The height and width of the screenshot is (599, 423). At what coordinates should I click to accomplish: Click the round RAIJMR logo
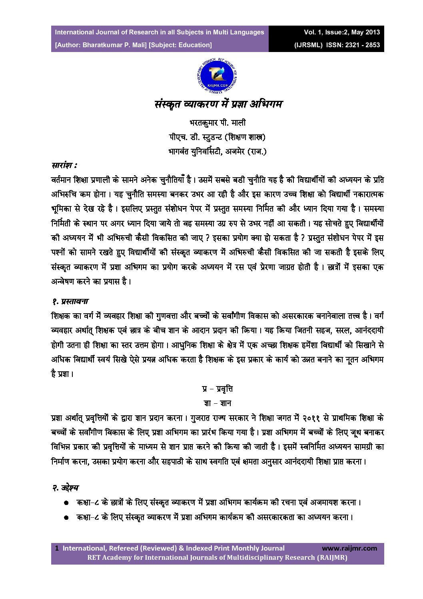pos(217,76)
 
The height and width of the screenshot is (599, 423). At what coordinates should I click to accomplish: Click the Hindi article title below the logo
pos(218,104)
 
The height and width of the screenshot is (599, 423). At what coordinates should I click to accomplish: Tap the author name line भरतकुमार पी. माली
pos(217,122)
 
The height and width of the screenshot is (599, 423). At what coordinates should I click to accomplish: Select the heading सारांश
pos(64,165)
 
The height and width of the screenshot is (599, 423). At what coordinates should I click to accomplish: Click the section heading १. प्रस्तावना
pos(70,301)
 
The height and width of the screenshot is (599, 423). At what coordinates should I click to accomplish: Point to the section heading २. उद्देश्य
pos(66,487)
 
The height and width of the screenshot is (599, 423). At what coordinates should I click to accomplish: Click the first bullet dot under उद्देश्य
pos(66,503)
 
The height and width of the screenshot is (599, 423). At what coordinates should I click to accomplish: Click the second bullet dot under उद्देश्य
pos(66,517)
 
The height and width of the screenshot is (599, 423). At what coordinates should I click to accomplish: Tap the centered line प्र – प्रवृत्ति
pos(217,389)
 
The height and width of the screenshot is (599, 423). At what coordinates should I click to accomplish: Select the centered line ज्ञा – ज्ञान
pos(217,403)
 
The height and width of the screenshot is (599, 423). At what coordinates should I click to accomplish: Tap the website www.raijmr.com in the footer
pos(349,548)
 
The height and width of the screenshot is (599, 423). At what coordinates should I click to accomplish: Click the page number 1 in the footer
pos(57,548)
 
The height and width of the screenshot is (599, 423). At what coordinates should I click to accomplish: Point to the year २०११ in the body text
pos(311,418)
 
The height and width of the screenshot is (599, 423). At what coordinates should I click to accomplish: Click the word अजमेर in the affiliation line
pos(229,152)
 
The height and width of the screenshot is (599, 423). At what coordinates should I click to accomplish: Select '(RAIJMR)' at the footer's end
pos(332,557)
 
